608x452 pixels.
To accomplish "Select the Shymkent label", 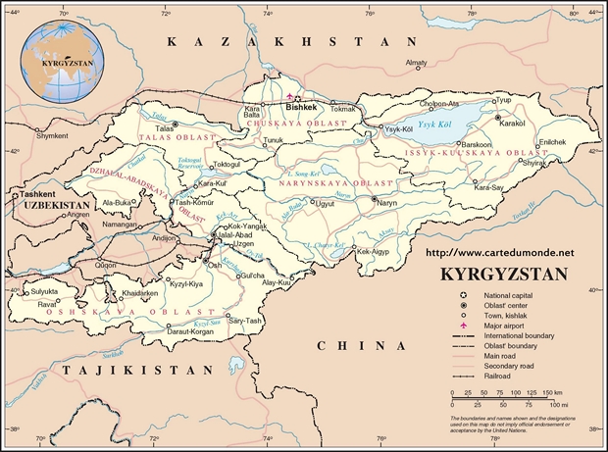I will pyautogui.click(x=52, y=136).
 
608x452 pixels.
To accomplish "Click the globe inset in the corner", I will pyautogui.click(x=65, y=60).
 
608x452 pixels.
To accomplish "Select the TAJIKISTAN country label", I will pyautogui.click(x=136, y=370).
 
